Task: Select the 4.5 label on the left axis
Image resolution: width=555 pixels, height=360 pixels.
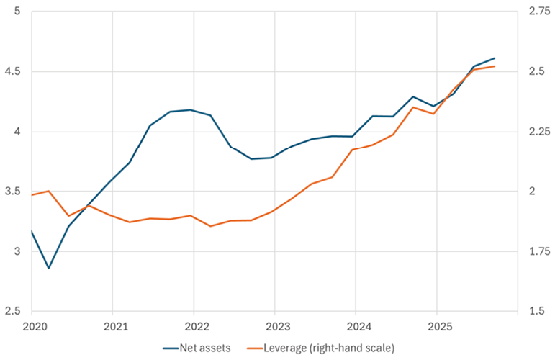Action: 14,72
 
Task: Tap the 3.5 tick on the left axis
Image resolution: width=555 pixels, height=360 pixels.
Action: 14,192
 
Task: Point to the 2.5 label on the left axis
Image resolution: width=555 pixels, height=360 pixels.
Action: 14,311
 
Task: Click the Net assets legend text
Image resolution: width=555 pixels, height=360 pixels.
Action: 207,348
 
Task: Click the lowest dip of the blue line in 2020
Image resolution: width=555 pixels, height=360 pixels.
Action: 48,269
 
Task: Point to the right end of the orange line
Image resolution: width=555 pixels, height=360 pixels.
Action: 495,66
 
